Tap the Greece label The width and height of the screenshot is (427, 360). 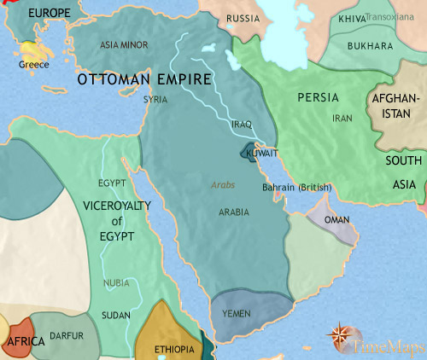tap(34, 65)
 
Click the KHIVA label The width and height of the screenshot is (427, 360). tap(352, 17)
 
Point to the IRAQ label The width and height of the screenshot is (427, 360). tap(242, 125)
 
